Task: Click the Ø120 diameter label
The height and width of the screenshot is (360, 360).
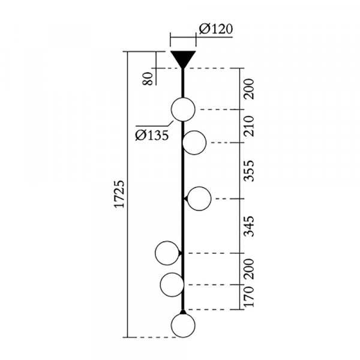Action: (x=216, y=29)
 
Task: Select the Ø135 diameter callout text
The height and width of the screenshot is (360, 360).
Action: (x=152, y=135)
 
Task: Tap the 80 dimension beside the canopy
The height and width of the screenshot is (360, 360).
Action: (x=148, y=79)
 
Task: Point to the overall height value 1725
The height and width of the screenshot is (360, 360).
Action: (x=119, y=194)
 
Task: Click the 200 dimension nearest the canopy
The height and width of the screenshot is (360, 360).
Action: (x=249, y=89)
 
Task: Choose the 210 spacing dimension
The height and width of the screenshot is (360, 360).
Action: (x=249, y=126)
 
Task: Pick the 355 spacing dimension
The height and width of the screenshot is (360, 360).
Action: (x=249, y=171)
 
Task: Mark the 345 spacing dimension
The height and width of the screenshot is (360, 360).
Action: (x=249, y=226)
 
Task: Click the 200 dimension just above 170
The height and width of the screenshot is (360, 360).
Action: (x=249, y=269)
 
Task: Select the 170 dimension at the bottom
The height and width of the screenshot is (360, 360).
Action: (x=249, y=296)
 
